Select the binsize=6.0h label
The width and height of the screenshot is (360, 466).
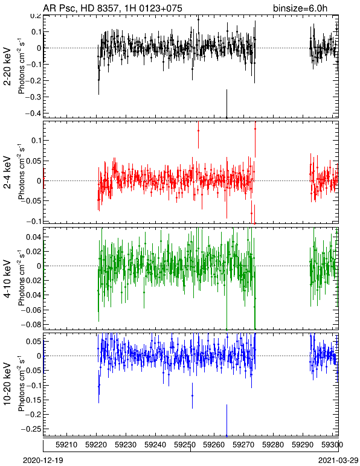click(300, 8)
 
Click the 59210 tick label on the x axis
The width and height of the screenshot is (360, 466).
click(67, 445)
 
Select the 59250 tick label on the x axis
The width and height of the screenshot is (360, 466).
click(185, 445)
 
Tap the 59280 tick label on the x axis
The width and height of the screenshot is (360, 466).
click(273, 445)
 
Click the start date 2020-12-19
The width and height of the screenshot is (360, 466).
click(43, 461)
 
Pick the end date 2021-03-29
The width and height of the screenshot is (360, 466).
click(338, 461)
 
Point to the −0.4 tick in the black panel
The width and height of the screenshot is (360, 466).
click(32, 113)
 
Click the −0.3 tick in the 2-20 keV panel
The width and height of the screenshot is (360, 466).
click(32, 97)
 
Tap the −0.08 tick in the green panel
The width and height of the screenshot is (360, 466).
click(31, 324)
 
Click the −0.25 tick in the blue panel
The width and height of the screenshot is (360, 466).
click(31, 429)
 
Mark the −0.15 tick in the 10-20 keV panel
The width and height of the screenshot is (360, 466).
click(31, 400)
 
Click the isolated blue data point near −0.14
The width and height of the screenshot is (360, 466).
click(192, 395)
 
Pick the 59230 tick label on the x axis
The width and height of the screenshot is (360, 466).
click(126, 445)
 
